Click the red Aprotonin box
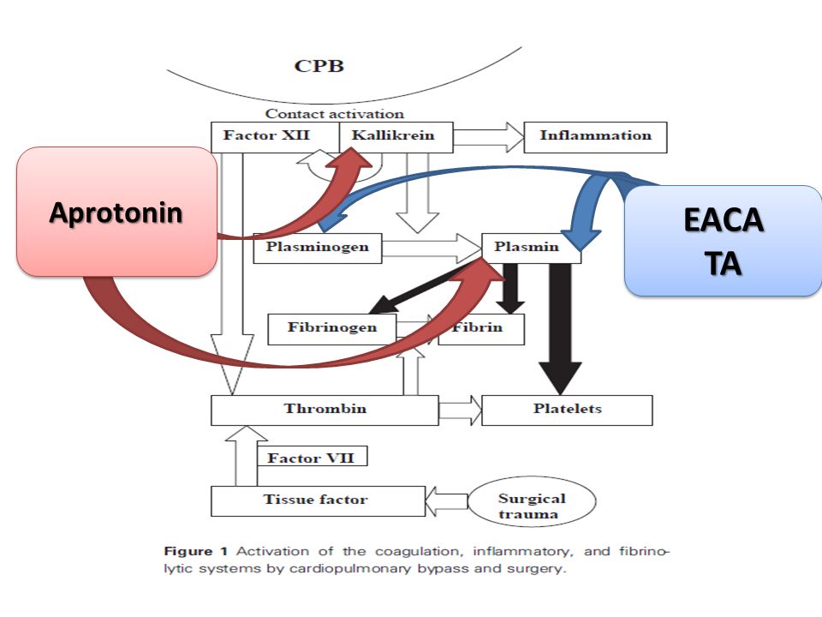[x=117, y=212]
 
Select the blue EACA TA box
[x=724, y=241]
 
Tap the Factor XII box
[x=266, y=137]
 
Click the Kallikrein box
[x=396, y=137]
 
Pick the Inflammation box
[x=596, y=137]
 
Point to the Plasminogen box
[x=317, y=249]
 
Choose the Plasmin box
[x=531, y=249]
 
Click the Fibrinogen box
[x=332, y=329]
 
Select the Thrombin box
[x=325, y=410]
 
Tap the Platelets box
[x=567, y=410]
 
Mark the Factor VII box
[x=312, y=456]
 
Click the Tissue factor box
[x=318, y=501]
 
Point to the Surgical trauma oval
[x=532, y=502]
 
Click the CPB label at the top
[x=319, y=66]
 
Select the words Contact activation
[x=335, y=114]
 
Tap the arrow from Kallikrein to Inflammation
[x=489, y=137]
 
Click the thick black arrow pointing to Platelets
[x=560, y=329]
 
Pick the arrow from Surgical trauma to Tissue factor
[x=446, y=501]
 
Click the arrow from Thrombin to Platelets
[x=461, y=410]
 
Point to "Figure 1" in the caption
[x=195, y=551]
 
